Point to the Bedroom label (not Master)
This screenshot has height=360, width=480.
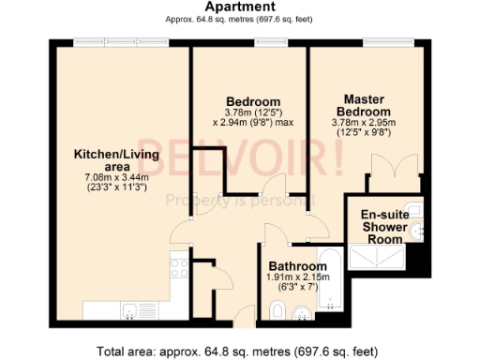tap(252, 101)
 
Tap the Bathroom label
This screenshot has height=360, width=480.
tap(297, 266)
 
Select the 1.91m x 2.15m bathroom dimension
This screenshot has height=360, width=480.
tap(298, 278)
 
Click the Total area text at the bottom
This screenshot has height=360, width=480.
tap(239, 352)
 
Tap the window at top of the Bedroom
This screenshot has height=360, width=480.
tap(271, 42)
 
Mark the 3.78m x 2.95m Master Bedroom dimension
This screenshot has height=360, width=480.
tap(364, 122)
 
